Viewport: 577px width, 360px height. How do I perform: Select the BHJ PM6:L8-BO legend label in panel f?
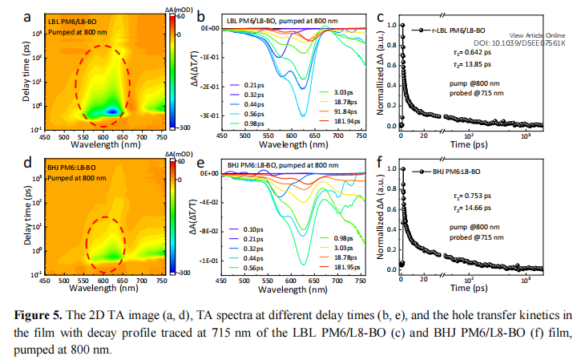(454, 172)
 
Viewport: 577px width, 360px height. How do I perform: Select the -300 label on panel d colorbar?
(184, 273)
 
